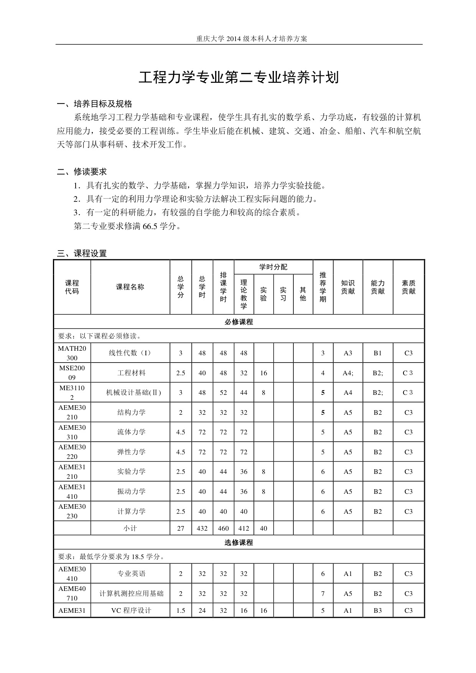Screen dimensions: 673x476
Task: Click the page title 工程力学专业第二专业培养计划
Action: [238, 78]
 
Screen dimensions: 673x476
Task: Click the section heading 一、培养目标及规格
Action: [95, 104]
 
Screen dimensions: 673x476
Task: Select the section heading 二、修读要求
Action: [82, 172]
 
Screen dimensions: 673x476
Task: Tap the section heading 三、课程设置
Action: [82, 253]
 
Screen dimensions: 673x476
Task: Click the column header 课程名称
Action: [130, 287]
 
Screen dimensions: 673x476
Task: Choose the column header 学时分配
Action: [273, 267]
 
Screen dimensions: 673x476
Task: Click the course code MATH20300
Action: [72, 353]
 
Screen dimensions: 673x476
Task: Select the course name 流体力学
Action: [132, 432]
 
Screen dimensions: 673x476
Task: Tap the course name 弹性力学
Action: [132, 452]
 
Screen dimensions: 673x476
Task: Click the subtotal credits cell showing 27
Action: [181, 528]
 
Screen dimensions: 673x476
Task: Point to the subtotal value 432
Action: [202, 528]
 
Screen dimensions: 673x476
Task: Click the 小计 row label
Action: [130, 528]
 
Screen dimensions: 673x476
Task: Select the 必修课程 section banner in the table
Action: [239, 322]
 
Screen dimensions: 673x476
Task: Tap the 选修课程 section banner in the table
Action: [239, 543]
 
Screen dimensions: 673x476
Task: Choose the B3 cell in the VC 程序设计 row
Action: [378, 610]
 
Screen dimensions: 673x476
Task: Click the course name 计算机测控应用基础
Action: [132, 594]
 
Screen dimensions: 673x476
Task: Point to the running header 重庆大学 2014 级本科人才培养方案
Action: [252, 39]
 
